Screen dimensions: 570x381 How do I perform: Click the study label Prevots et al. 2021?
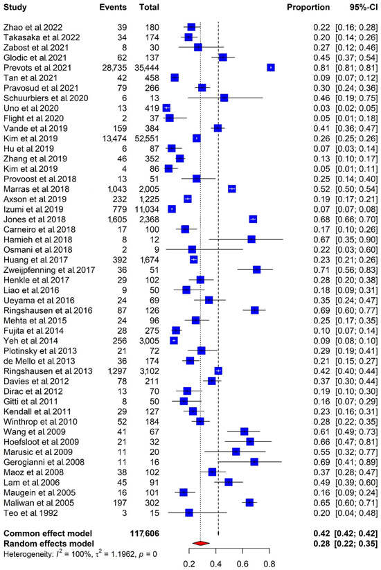tap(35, 67)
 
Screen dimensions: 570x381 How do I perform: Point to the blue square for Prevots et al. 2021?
tap(271, 67)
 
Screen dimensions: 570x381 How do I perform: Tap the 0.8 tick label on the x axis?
tap(269, 563)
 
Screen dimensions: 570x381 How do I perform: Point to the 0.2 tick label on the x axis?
tap(189, 563)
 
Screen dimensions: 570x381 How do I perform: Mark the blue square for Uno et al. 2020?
tap(166, 108)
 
